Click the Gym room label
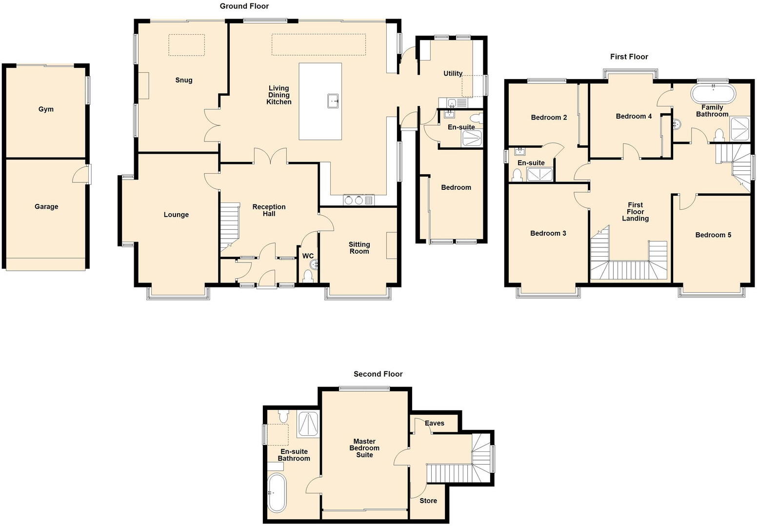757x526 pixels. click(x=46, y=109)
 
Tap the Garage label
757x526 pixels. click(x=46, y=207)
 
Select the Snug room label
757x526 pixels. click(x=184, y=80)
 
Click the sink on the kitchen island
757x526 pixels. click(x=334, y=101)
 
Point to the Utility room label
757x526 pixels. click(x=453, y=74)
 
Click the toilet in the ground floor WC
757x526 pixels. click(x=308, y=277)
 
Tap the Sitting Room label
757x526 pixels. click(x=359, y=248)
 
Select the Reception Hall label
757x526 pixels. click(x=269, y=210)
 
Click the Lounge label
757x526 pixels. click(x=176, y=215)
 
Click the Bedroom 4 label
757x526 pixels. click(x=634, y=116)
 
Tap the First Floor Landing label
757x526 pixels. click(x=635, y=212)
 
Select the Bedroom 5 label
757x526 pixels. click(x=713, y=235)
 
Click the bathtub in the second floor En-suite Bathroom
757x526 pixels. click(x=277, y=492)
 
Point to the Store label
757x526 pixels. click(x=428, y=501)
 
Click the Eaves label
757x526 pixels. click(x=434, y=423)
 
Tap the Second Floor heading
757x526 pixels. click(x=378, y=374)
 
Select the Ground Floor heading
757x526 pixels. click(x=244, y=6)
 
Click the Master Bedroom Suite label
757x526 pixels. click(x=364, y=448)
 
